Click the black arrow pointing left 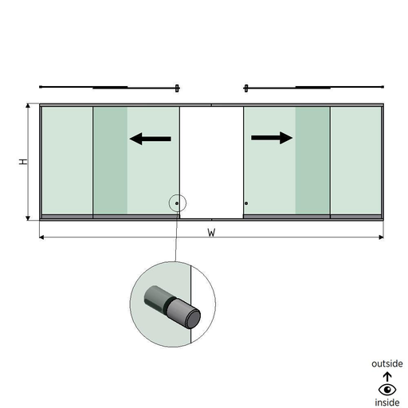click(151, 139)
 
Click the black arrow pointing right click(272, 138)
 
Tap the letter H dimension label click(23, 162)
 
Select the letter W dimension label click(211, 233)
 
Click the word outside click(387, 363)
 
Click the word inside click(387, 402)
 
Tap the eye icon click(387, 390)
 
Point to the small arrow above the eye click(387, 377)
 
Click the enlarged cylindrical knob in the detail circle click(172, 307)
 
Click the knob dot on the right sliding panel click(246, 203)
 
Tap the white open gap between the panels click(211, 163)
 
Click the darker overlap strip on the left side click(110, 160)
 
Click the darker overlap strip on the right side click(312, 160)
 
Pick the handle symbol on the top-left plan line click(177, 88)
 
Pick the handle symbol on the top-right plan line click(246, 88)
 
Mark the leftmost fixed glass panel click(68, 160)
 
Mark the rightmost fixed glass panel click(356, 160)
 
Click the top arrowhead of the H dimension click(28, 106)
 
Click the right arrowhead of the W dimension click(381, 237)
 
